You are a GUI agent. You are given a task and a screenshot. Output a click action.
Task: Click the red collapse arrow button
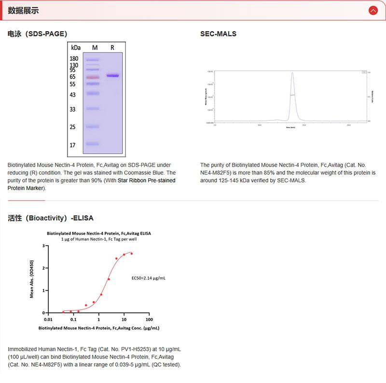coord(372,10)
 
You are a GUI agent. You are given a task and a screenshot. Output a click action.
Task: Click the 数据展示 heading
coord(23,11)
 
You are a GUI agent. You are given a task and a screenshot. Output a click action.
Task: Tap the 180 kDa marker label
coord(74,59)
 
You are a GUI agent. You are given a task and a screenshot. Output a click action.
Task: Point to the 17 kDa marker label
coord(72,145)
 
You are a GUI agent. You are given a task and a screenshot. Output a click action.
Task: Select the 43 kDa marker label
coord(72,95)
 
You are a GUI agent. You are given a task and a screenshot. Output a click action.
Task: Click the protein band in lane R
coord(112,76)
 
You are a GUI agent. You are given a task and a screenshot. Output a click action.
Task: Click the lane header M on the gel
coord(95,48)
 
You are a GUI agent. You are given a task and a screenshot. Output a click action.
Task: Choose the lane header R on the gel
coord(112,48)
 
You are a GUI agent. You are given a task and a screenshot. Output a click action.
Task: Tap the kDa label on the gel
coord(76,48)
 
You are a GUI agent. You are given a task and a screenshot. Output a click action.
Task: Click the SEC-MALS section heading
coord(218,34)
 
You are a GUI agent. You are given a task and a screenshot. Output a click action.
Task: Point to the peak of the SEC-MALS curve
coord(292,73)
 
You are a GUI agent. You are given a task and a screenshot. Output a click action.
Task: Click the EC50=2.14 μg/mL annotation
coord(149,278)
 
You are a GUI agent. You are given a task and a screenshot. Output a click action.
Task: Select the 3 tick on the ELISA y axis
coord(43,246)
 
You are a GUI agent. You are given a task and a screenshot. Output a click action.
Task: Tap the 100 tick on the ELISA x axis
coord(149,319)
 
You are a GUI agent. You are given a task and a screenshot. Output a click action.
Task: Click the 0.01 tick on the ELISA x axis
coord(48,319)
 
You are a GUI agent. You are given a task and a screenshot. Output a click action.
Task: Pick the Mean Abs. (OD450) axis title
coord(32,279)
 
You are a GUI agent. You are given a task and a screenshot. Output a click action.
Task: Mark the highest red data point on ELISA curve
coord(131,253)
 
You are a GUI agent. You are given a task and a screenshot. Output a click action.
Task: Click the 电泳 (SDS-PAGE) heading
coord(37,34)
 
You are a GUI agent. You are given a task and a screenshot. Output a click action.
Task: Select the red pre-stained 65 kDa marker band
coord(92,77)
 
